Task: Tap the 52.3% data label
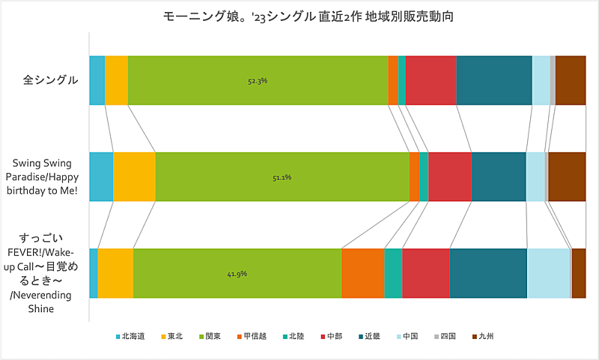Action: pos(258,80)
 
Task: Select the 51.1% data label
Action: pos(282,177)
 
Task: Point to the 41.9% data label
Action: pos(237,274)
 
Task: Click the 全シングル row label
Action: pos(52,79)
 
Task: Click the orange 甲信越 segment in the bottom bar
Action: pos(362,273)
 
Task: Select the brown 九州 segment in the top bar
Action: pos(571,79)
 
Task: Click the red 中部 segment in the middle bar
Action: pos(449,177)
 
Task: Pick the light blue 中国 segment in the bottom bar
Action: pos(548,273)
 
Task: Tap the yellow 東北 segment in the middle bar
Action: pos(134,177)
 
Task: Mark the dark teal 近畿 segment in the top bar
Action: pos(493,79)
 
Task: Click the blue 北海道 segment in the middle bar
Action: pos(101,177)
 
